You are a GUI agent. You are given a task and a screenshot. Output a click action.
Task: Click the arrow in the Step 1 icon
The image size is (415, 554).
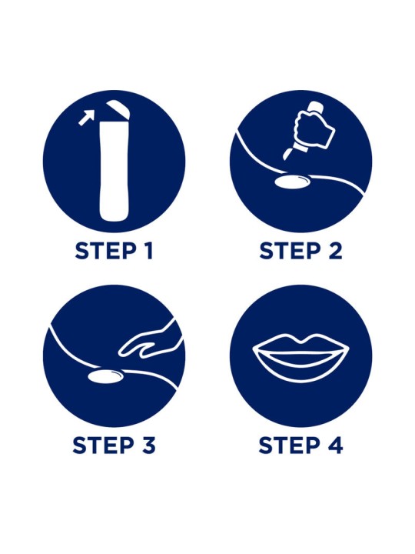87,117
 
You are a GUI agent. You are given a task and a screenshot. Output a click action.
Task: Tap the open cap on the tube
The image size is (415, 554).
118,108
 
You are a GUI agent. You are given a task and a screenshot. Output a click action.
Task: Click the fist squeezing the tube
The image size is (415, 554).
313,129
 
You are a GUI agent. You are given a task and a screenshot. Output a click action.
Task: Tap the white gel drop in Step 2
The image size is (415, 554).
293,182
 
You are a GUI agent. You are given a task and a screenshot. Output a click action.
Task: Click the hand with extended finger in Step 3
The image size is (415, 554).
150,342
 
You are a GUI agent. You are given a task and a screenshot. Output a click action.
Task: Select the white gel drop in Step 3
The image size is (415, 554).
105,376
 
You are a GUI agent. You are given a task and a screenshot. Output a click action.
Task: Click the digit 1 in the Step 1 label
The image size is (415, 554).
148,251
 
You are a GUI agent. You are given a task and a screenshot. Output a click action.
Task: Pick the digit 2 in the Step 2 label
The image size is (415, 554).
335,251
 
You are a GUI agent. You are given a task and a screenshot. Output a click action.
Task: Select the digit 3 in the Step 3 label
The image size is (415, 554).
148,445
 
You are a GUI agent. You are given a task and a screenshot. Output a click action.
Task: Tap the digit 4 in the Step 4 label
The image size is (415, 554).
335,445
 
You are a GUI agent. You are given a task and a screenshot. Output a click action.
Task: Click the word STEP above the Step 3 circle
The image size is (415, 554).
106,251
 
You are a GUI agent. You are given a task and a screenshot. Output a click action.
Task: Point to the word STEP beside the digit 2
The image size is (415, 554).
290,251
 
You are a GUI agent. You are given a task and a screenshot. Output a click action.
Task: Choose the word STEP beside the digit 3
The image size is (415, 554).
104,445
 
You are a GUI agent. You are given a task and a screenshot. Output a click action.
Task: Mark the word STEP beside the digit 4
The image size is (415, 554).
290,445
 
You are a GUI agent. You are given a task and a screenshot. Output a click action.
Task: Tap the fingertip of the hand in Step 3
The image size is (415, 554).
121,352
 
